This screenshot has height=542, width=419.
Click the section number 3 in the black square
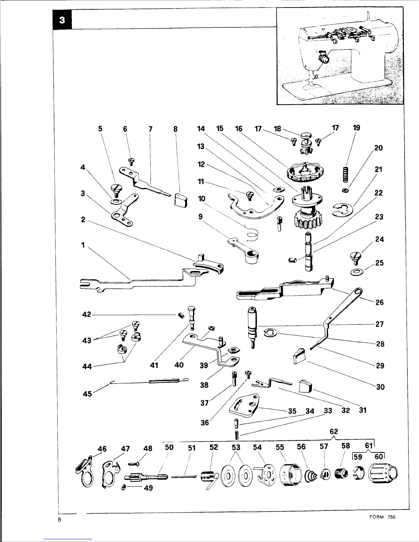coord(62,20)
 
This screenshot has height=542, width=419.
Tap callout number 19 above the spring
coord(356,128)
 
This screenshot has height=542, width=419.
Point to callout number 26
coord(380,302)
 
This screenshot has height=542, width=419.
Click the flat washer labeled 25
coord(357,273)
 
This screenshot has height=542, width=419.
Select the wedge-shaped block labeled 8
coord(180,200)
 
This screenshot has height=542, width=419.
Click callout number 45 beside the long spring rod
coord(87,394)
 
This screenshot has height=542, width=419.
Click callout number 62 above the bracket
coord(334,431)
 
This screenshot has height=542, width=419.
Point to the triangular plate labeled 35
coord(246,406)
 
